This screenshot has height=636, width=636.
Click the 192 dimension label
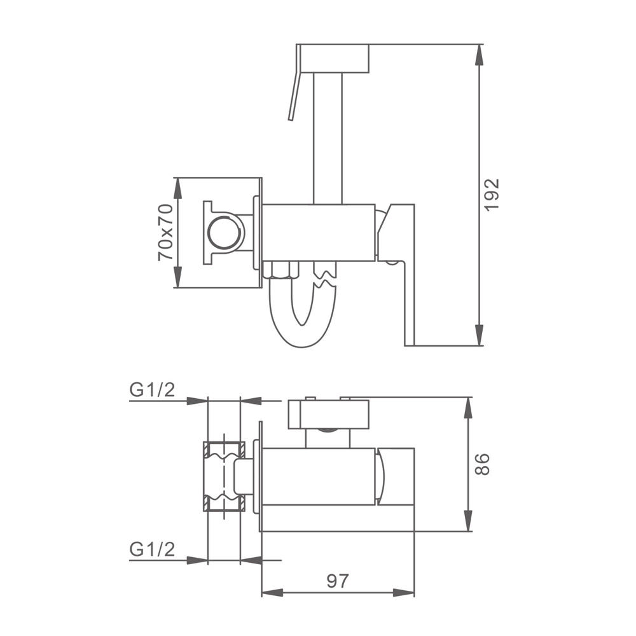(x=491, y=195)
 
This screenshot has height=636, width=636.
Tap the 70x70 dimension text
(x=165, y=232)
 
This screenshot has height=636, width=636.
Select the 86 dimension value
(x=482, y=464)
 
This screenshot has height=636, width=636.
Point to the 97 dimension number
(x=338, y=581)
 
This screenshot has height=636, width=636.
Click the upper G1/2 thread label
(x=152, y=389)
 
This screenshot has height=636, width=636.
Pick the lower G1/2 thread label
(x=152, y=549)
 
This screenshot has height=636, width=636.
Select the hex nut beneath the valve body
(x=280, y=270)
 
